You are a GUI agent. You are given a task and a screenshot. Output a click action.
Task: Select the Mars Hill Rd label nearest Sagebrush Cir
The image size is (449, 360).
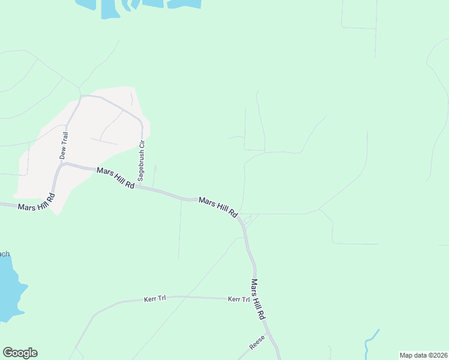tap(115, 179)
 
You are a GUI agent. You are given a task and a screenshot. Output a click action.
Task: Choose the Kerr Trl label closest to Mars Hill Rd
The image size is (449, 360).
tap(238, 299)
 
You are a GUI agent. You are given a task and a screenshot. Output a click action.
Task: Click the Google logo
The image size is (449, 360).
tap(20, 353)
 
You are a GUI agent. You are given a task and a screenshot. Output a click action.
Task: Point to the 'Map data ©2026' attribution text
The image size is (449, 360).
tap(423, 355)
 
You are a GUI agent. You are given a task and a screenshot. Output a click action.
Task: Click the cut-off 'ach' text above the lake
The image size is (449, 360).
tap(5, 254)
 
